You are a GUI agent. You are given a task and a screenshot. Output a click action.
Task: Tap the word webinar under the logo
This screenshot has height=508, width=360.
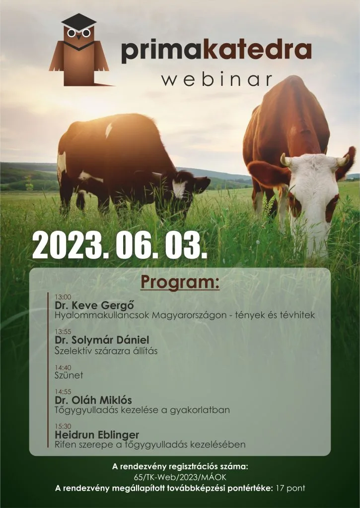tap(217, 80)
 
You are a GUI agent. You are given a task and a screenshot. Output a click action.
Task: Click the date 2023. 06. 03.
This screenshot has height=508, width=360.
tap(120, 244)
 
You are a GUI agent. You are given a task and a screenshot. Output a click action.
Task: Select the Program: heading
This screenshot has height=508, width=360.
tap(180, 282)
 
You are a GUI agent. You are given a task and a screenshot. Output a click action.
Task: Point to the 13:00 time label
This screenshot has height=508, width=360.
tap(63, 297)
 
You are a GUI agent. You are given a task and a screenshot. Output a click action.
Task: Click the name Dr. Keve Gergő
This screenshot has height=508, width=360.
tap(94, 305)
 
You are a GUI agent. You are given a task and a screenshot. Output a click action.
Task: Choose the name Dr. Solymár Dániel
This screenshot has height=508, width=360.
tap(102, 340)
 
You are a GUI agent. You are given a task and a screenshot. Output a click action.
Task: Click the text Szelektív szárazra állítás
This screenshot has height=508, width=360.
tap(106, 351)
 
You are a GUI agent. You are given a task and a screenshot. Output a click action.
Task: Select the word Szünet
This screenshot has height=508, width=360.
tap(69, 376)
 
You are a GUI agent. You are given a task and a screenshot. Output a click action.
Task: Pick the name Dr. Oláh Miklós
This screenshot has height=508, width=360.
tap(93, 400)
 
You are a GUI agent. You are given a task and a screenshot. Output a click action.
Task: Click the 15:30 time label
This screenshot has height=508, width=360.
tap(63, 426)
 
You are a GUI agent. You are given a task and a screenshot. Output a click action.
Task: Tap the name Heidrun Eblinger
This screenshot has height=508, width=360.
tap(97, 435)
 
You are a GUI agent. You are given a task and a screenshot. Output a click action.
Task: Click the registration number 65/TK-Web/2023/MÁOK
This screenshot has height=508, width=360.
tap(180, 478)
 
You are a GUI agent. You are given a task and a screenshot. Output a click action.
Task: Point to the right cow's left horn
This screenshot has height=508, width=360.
tap(285, 160)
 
